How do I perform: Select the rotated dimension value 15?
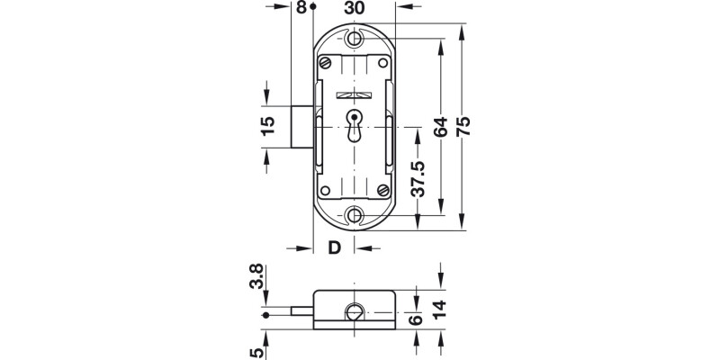click(267, 127)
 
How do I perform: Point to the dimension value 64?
click(440, 127)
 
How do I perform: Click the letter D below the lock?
click(333, 248)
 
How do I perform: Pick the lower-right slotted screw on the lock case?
click(383, 190)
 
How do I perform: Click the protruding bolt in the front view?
click(303, 127)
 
